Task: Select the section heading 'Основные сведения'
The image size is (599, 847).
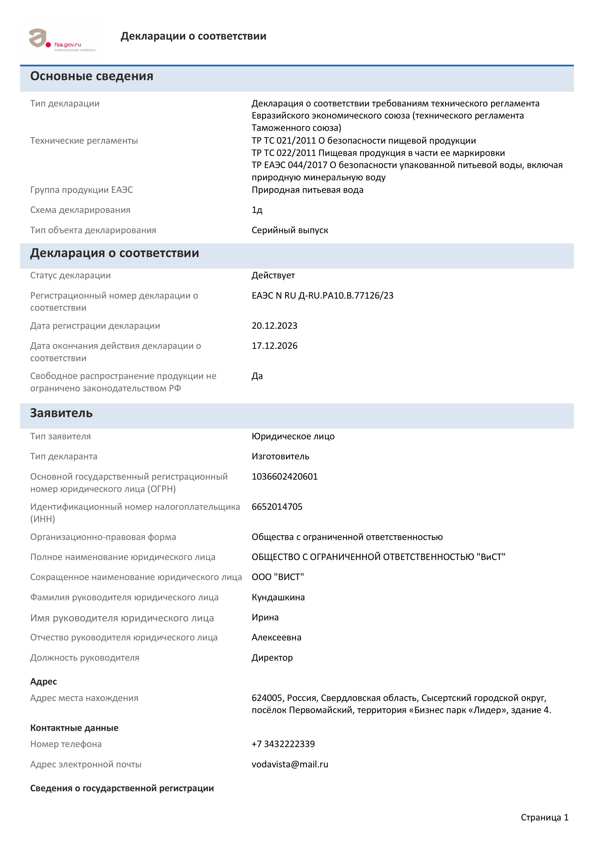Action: (x=92, y=76)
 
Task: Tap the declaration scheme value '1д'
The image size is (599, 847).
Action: (x=257, y=210)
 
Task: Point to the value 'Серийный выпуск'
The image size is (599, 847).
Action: (x=290, y=230)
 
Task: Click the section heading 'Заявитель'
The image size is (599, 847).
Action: (x=61, y=413)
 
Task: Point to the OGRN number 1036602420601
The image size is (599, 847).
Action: (x=285, y=477)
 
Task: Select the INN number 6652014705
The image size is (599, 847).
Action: (x=277, y=507)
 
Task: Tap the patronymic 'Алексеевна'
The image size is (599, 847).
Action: (x=276, y=637)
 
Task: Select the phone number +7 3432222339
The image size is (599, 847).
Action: (x=283, y=744)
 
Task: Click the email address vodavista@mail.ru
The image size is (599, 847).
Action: (x=290, y=764)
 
